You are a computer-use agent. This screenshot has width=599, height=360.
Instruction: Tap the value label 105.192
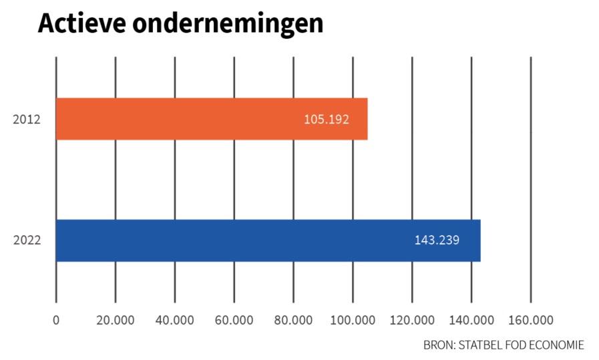point(326,120)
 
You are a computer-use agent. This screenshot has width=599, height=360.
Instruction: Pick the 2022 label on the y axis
point(27,240)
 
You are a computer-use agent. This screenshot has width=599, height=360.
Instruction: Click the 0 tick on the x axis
point(56,320)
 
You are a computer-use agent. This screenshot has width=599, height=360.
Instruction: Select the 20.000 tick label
point(115,320)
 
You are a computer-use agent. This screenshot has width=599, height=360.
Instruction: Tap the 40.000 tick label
point(174,320)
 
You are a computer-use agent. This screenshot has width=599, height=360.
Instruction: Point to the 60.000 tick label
point(234,320)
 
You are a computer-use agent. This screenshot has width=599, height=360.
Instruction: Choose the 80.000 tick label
point(293,320)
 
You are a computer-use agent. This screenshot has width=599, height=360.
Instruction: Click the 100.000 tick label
point(353,320)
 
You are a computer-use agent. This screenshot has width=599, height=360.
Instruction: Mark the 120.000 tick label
point(412,320)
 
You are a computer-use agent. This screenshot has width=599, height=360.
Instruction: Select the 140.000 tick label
point(471,320)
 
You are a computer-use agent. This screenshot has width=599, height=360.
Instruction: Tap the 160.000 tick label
point(531,320)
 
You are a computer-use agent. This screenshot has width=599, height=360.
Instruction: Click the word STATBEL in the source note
point(479,345)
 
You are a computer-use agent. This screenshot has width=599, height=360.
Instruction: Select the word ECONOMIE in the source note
point(557,345)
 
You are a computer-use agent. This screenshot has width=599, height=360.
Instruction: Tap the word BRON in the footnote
point(437,345)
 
